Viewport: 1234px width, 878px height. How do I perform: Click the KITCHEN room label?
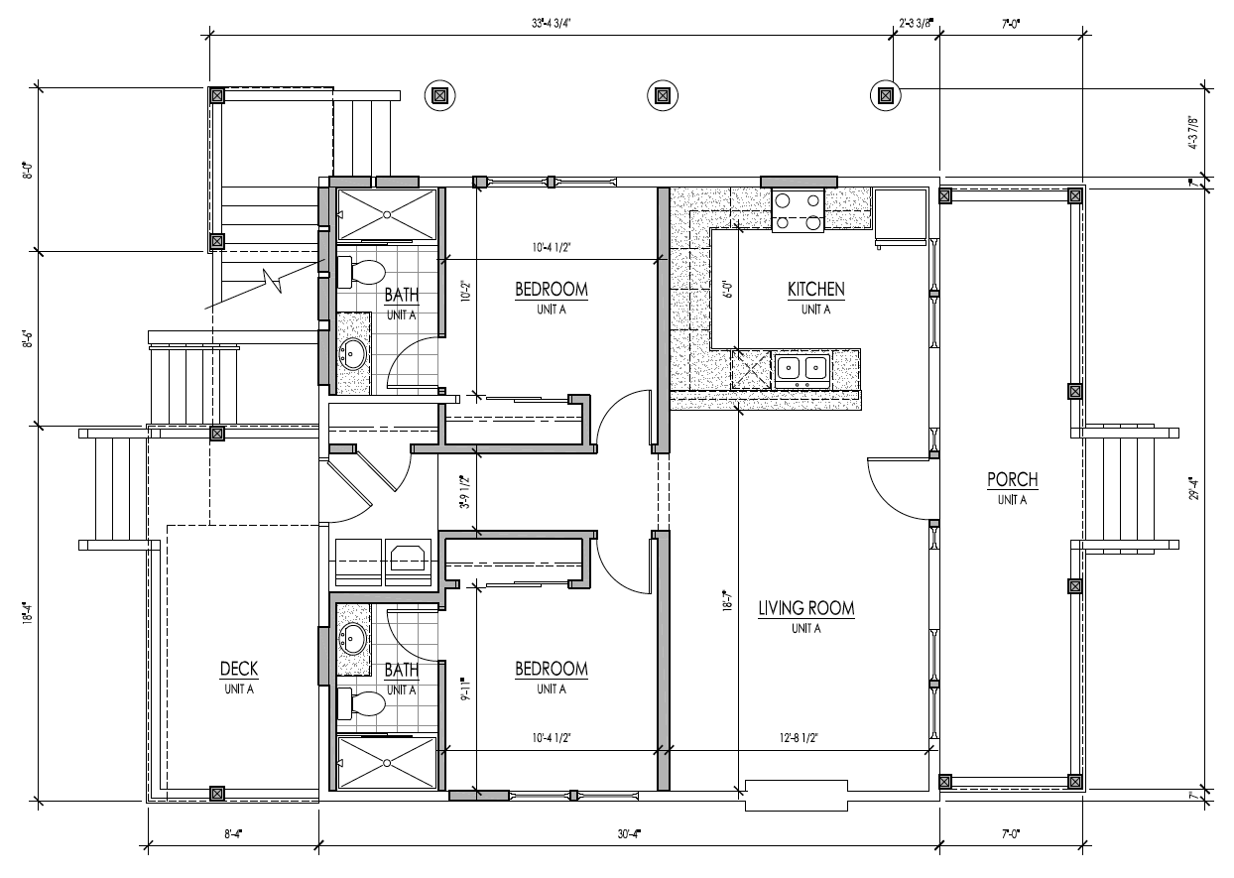pyautogui.click(x=815, y=289)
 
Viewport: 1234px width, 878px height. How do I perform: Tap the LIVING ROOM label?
pyautogui.click(x=806, y=608)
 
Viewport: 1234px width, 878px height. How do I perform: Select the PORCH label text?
pyautogui.click(x=1013, y=480)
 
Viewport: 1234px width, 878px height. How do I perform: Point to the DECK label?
pyautogui.click(x=239, y=669)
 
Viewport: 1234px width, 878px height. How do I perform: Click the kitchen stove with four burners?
pyautogui.click(x=798, y=210)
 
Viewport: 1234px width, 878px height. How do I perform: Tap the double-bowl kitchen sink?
pyautogui.click(x=802, y=368)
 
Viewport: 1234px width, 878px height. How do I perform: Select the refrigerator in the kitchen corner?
pyautogui.click(x=901, y=217)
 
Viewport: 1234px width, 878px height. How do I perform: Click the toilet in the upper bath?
pyautogui.click(x=361, y=272)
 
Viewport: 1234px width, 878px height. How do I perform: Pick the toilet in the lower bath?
pyautogui.click(x=361, y=703)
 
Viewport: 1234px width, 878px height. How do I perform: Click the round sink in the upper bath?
pyautogui.click(x=352, y=353)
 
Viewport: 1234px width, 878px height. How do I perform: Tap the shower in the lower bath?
pyautogui.click(x=387, y=763)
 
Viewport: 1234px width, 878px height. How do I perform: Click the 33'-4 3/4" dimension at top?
pyautogui.click(x=547, y=23)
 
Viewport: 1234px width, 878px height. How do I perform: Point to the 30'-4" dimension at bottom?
pyautogui.click(x=629, y=834)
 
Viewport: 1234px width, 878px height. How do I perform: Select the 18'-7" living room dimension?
pyautogui.click(x=728, y=600)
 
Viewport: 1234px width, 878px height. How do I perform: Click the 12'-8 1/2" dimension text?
pyautogui.click(x=799, y=738)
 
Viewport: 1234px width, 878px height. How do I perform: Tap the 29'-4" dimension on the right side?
pyautogui.click(x=1193, y=488)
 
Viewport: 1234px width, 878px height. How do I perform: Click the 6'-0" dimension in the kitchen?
pyautogui.click(x=728, y=289)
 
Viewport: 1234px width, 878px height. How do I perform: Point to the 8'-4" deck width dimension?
pyautogui.click(x=233, y=834)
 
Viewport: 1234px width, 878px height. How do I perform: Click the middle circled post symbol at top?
pyautogui.click(x=663, y=96)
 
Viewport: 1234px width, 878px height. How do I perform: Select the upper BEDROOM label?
pyautogui.click(x=552, y=289)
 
